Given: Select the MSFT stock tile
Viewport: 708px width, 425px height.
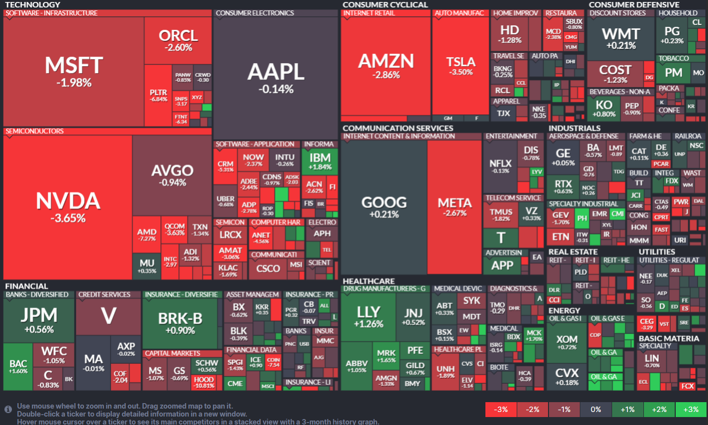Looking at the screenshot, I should point(74,72).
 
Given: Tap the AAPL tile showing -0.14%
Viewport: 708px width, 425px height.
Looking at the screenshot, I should point(276,78).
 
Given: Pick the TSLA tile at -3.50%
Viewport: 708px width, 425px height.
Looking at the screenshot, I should point(461,66).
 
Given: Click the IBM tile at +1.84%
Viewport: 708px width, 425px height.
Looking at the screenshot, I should point(320,161).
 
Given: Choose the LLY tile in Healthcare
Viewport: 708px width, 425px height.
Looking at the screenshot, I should point(368,316).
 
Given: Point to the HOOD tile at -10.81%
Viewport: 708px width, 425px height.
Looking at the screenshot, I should point(204,382).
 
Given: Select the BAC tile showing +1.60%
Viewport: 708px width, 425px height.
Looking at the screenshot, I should point(18,367).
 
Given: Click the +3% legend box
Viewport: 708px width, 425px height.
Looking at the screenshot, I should point(691,410).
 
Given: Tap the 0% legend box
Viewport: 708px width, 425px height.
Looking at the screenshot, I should point(596,410).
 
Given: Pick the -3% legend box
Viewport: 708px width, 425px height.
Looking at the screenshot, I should point(501,410).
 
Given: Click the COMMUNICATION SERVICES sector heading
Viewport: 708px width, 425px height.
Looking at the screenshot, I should point(397,128).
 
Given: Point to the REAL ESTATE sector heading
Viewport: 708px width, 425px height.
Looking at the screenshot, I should point(572,252).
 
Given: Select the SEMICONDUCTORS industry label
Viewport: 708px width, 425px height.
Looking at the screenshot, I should point(35,131).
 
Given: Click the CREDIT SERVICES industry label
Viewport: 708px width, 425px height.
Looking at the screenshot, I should point(104,295).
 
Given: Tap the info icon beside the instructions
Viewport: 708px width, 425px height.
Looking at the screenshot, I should point(8,409).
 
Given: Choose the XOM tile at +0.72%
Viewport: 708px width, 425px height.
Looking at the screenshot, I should point(566,342).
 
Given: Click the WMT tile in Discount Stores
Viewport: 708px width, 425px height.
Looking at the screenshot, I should point(621,38).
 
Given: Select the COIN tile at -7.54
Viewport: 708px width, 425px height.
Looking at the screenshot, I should point(273,362).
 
